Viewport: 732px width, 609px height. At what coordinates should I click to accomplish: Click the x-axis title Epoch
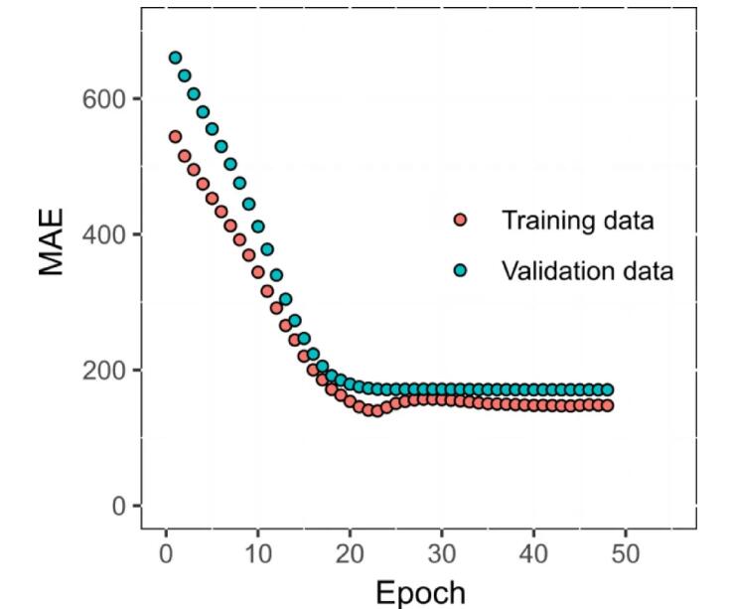(419, 592)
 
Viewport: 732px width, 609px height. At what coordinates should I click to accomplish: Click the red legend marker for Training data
(460, 220)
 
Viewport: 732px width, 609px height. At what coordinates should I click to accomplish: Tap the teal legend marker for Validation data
(460, 269)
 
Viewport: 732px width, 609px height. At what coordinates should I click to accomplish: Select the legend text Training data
(577, 220)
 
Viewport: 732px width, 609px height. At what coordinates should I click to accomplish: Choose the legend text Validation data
(587, 269)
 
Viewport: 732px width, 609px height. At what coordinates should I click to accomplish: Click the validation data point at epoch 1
(175, 58)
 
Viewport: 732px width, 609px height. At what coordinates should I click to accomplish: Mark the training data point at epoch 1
(175, 136)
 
